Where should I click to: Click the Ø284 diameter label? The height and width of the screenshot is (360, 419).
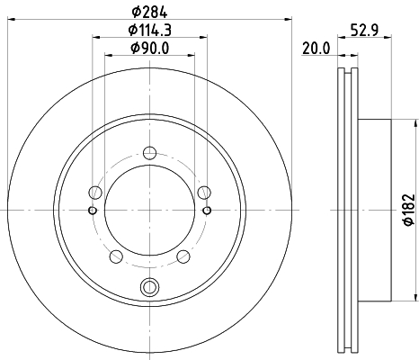point(149,12)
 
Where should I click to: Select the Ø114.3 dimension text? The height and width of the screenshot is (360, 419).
point(149,30)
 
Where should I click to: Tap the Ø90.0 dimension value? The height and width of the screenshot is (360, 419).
point(149,48)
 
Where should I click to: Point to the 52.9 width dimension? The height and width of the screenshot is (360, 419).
point(365,30)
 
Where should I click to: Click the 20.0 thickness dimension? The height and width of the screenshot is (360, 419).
point(316,49)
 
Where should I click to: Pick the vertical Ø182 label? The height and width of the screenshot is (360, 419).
point(409,210)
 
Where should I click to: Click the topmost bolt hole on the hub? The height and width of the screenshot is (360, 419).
point(149,153)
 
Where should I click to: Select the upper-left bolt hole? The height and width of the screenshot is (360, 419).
point(95,193)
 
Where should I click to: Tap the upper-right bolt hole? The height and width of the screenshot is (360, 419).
point(204,193)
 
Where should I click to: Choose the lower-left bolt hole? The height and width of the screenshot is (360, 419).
point(116,256)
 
